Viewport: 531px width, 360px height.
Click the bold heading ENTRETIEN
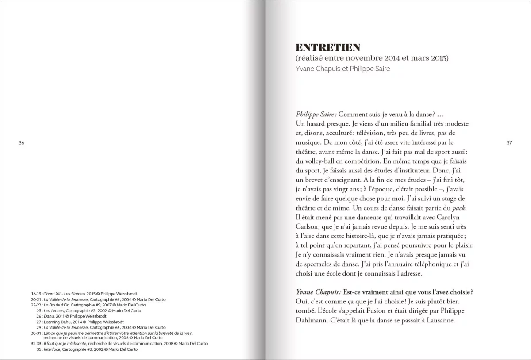(x=327, y=47)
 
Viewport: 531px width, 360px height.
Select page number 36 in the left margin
(x=22, y=142)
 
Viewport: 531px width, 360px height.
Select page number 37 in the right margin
(x=509, y=142)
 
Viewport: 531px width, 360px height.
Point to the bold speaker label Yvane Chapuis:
(x=319, y=292)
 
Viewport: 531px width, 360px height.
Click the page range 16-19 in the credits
(x=36, y=294)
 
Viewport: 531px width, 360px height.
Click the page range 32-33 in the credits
(x=36, y=344)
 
